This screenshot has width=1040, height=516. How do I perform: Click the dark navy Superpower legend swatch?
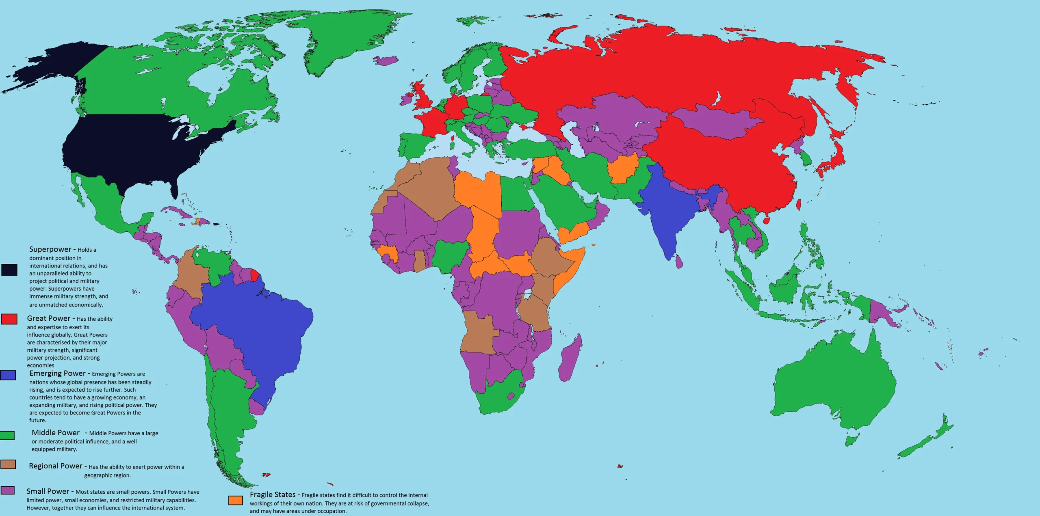(x=9, y=270)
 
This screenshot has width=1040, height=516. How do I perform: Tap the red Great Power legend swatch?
(x=9, y=319)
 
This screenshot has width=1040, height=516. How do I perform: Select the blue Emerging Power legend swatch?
(x=8, y=375)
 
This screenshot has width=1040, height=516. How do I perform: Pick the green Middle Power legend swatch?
(x=7, y=435)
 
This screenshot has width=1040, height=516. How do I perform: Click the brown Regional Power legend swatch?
(x=8, y=464)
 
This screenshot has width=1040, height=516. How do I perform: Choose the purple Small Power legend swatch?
(x=8, y=490)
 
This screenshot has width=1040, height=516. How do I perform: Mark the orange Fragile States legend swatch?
(x=235, y=500)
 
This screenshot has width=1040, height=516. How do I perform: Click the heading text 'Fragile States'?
(x=273, y=494)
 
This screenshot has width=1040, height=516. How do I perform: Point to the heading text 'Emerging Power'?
(x=57, y=374)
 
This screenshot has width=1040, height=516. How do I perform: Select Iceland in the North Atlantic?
(x=386, y=61)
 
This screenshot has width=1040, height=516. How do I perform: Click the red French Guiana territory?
(x=255, y=276)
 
